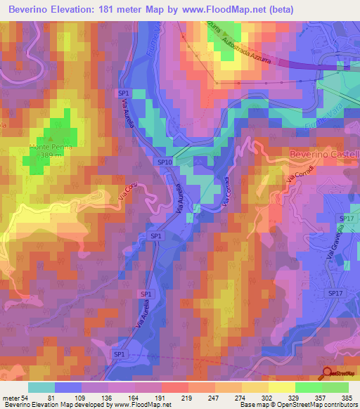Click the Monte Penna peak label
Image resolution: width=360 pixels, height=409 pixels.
(x=50, y=146)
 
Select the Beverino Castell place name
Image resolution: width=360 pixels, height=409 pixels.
(x=324, y=154)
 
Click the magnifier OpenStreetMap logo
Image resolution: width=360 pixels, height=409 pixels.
(x=328, y=375)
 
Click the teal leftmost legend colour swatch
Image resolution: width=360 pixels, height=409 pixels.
(x=41, y=387)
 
